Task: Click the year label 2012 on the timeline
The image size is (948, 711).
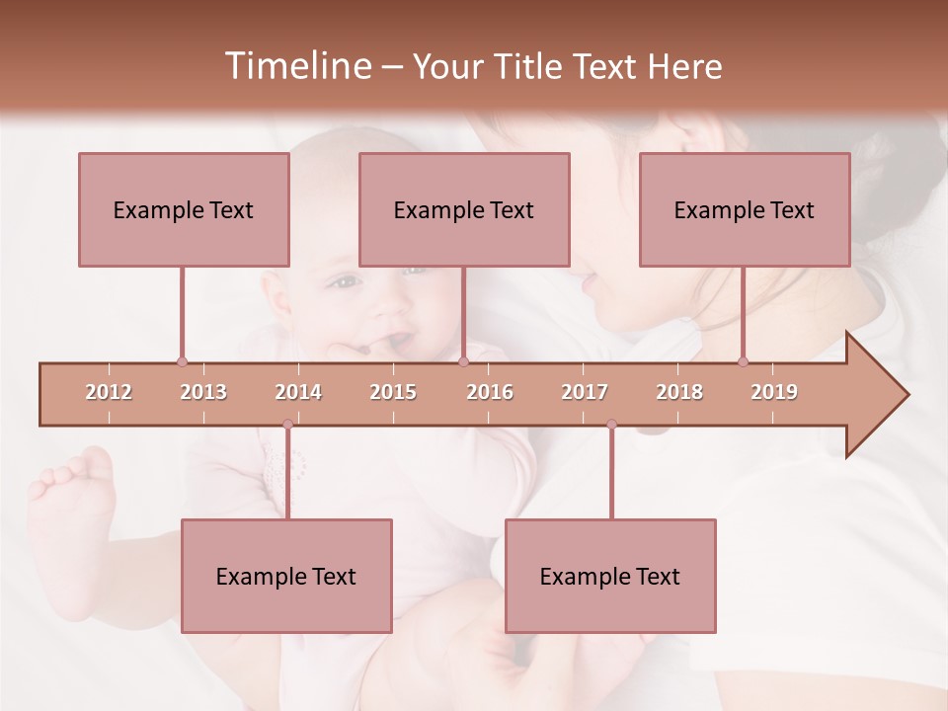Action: pos(109,392)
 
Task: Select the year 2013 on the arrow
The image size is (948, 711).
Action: pos(203,392)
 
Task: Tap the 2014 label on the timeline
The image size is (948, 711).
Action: pos(298,392)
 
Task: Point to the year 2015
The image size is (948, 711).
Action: pos(393,392)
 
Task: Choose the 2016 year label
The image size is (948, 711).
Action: pos(490,392)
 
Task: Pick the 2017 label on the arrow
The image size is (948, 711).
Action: pos(585,392)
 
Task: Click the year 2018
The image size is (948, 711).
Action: pos(679,392)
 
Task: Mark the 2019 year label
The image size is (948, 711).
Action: pos(774,392)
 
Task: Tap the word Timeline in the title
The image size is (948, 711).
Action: pos(295,66)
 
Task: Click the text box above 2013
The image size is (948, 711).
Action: pos(184,209)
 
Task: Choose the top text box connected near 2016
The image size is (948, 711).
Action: pos(464,209)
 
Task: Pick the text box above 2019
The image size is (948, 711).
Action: pos(745,209)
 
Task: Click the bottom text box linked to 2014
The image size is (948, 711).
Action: pos(286,576)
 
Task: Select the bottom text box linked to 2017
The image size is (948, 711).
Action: pos(610,576)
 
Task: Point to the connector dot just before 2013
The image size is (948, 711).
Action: pos(182,361)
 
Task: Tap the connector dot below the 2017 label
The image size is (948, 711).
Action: pos(611,425)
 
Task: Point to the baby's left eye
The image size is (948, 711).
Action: pos(344,283)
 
